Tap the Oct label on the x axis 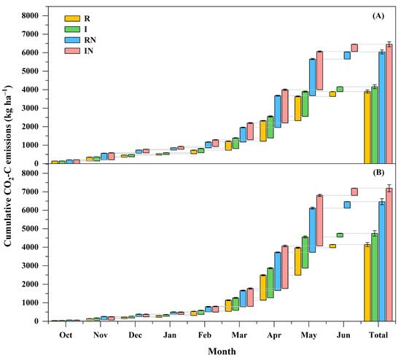coord(66,334)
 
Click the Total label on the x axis coord(378,334)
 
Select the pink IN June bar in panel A coord(354,47)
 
